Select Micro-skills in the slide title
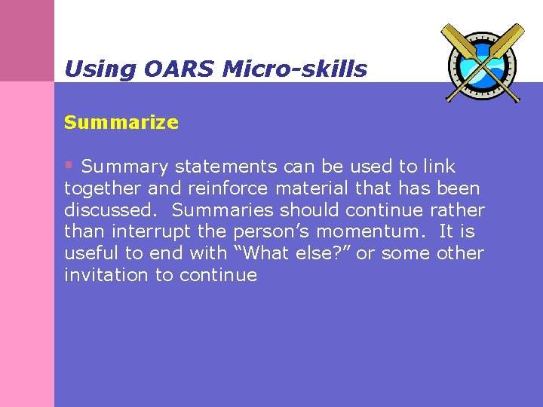pyautogui.click(x=295, y=69)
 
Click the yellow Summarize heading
pyautogui.click(x=121, y=122)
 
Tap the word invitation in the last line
pyautogui.click(x=107, y=275)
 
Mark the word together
pyautogui.click(x=99, y=188)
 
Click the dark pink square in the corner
pyautogui.click(x=27, y=40)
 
